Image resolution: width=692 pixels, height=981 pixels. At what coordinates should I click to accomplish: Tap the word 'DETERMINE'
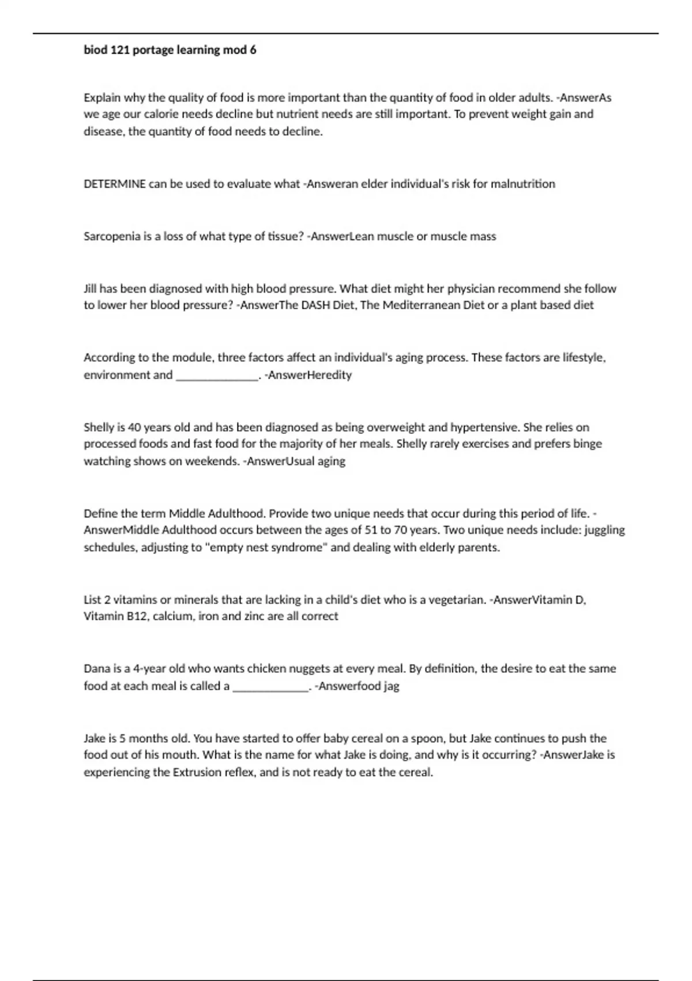tap(115, 184)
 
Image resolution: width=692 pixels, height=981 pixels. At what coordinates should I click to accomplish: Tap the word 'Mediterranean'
tap(422, 305)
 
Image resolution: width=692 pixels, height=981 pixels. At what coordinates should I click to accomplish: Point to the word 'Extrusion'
tap(198, 772)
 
